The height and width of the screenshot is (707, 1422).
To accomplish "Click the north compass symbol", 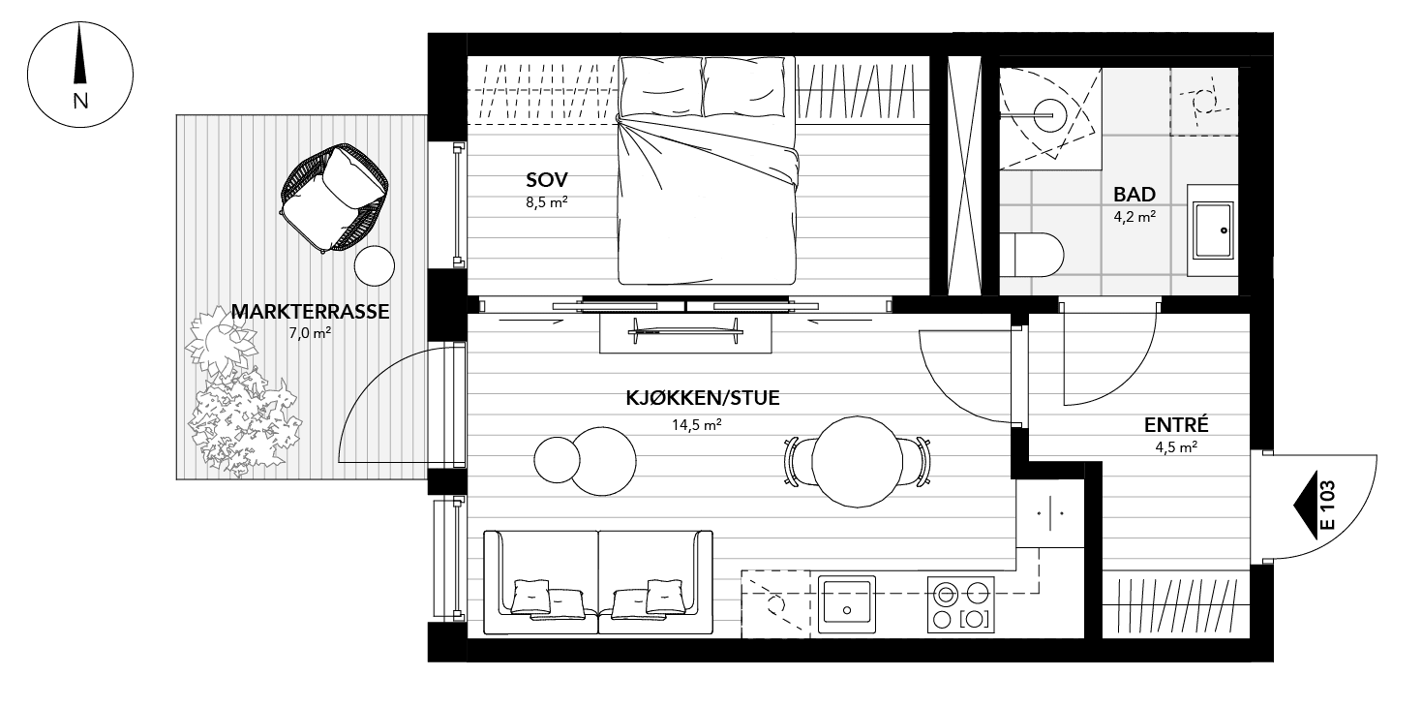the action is [80, 76].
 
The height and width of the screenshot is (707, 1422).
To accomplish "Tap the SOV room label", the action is [547, 179].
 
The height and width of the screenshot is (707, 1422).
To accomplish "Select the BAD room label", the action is [1135, 194].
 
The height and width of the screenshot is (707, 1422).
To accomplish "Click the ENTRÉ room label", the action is [1176, 425].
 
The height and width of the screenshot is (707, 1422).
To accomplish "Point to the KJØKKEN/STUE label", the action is [703, 398].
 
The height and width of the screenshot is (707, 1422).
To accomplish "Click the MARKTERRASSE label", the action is [310, 312].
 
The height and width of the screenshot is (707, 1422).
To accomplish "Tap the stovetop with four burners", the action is [960, 605].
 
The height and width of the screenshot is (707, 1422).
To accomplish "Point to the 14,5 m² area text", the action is [697, 424].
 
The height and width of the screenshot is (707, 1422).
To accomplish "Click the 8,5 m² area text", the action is [546, 203].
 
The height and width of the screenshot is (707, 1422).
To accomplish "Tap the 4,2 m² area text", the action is [1134, 217].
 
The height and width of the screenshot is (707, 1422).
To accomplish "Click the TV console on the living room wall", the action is [685, 334].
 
